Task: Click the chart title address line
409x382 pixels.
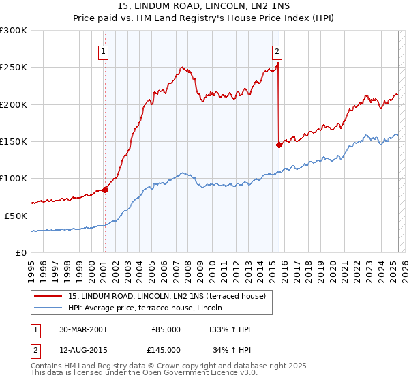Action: point(204,7)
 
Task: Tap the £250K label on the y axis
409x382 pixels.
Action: point(14,68)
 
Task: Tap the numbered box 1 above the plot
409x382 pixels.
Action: point(103,50)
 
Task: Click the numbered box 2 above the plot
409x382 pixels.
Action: point(277,50)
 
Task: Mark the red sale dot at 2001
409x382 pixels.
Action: point(106,190)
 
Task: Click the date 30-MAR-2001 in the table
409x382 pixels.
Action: point(83,329)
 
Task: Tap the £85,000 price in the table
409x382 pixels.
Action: point(166,329)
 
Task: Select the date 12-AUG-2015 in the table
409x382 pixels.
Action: point(83,349)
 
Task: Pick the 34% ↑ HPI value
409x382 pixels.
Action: point(232,349)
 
